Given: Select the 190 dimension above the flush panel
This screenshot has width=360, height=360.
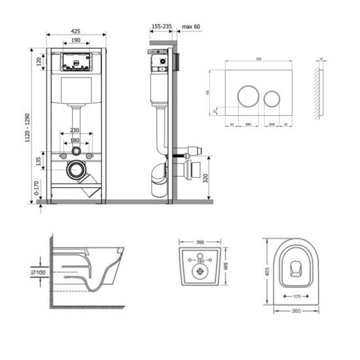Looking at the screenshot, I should [77, 41].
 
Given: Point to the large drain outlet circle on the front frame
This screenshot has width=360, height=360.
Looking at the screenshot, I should [77, 172].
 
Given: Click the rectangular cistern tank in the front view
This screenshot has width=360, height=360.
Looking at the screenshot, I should [77, 92].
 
